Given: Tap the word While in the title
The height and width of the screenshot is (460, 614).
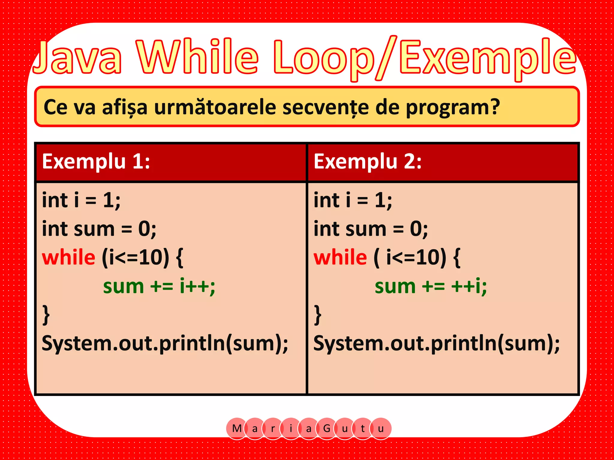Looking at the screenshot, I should pos(198,57).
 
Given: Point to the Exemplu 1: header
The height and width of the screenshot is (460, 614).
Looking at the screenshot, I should pos(96,162).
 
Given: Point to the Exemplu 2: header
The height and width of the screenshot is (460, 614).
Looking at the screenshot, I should pos(368,162).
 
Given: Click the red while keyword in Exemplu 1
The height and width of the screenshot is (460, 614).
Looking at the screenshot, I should pos(69,257).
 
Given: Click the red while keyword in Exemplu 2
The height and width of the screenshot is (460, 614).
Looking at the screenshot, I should pos(340,257).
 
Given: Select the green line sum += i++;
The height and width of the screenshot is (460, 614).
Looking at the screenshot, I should pos(159,286).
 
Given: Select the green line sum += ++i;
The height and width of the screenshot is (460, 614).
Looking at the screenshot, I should pos(431,286).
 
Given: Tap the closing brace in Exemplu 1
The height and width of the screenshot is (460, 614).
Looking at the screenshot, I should pos(46,315).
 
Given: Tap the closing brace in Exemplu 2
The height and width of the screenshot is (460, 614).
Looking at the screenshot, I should pos(317,315).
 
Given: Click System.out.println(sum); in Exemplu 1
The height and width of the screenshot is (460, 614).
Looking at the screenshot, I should pos(165,344).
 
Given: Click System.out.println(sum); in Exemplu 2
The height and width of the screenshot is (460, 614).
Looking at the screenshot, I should pos(437,344).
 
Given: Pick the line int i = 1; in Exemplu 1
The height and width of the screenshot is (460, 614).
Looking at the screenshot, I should pos(81,200).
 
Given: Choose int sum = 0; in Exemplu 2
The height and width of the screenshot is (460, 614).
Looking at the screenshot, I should pos(371,229).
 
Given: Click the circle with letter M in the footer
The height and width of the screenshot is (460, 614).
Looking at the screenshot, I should pos(237,429).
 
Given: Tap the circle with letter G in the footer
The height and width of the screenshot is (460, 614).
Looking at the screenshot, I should pos(327,429).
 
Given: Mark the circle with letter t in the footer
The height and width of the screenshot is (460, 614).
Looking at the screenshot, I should pos(363,429).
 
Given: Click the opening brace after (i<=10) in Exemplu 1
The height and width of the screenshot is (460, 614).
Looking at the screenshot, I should pos(180,258).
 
